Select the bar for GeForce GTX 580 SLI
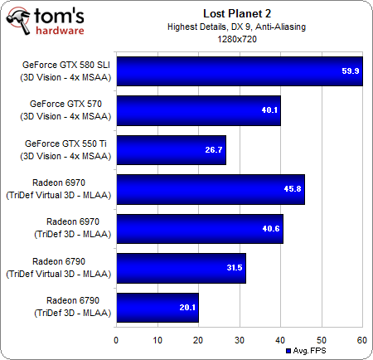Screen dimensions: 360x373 pyautogui.click(x=239, y=71)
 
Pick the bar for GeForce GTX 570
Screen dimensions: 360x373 pyautogui.click(x=198, y=110)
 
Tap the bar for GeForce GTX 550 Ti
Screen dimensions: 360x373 pyautogui.click(x=171, y=150)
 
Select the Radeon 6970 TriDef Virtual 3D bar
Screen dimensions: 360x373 pyautogui.click(x=211, y=189)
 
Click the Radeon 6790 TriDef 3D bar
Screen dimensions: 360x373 pyautogui.click(x=157, y=307)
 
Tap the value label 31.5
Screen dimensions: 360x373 pyautogui.click(x=233, y=268)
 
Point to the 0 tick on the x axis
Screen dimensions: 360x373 pyautogui.click(x=117, y=339)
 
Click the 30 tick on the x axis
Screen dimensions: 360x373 pyautogui.click(x=240, y=339)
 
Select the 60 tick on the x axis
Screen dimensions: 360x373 pyautogui.click(x=361, y=339)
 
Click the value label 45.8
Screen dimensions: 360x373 pyautogui.click(x=292, y=189)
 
